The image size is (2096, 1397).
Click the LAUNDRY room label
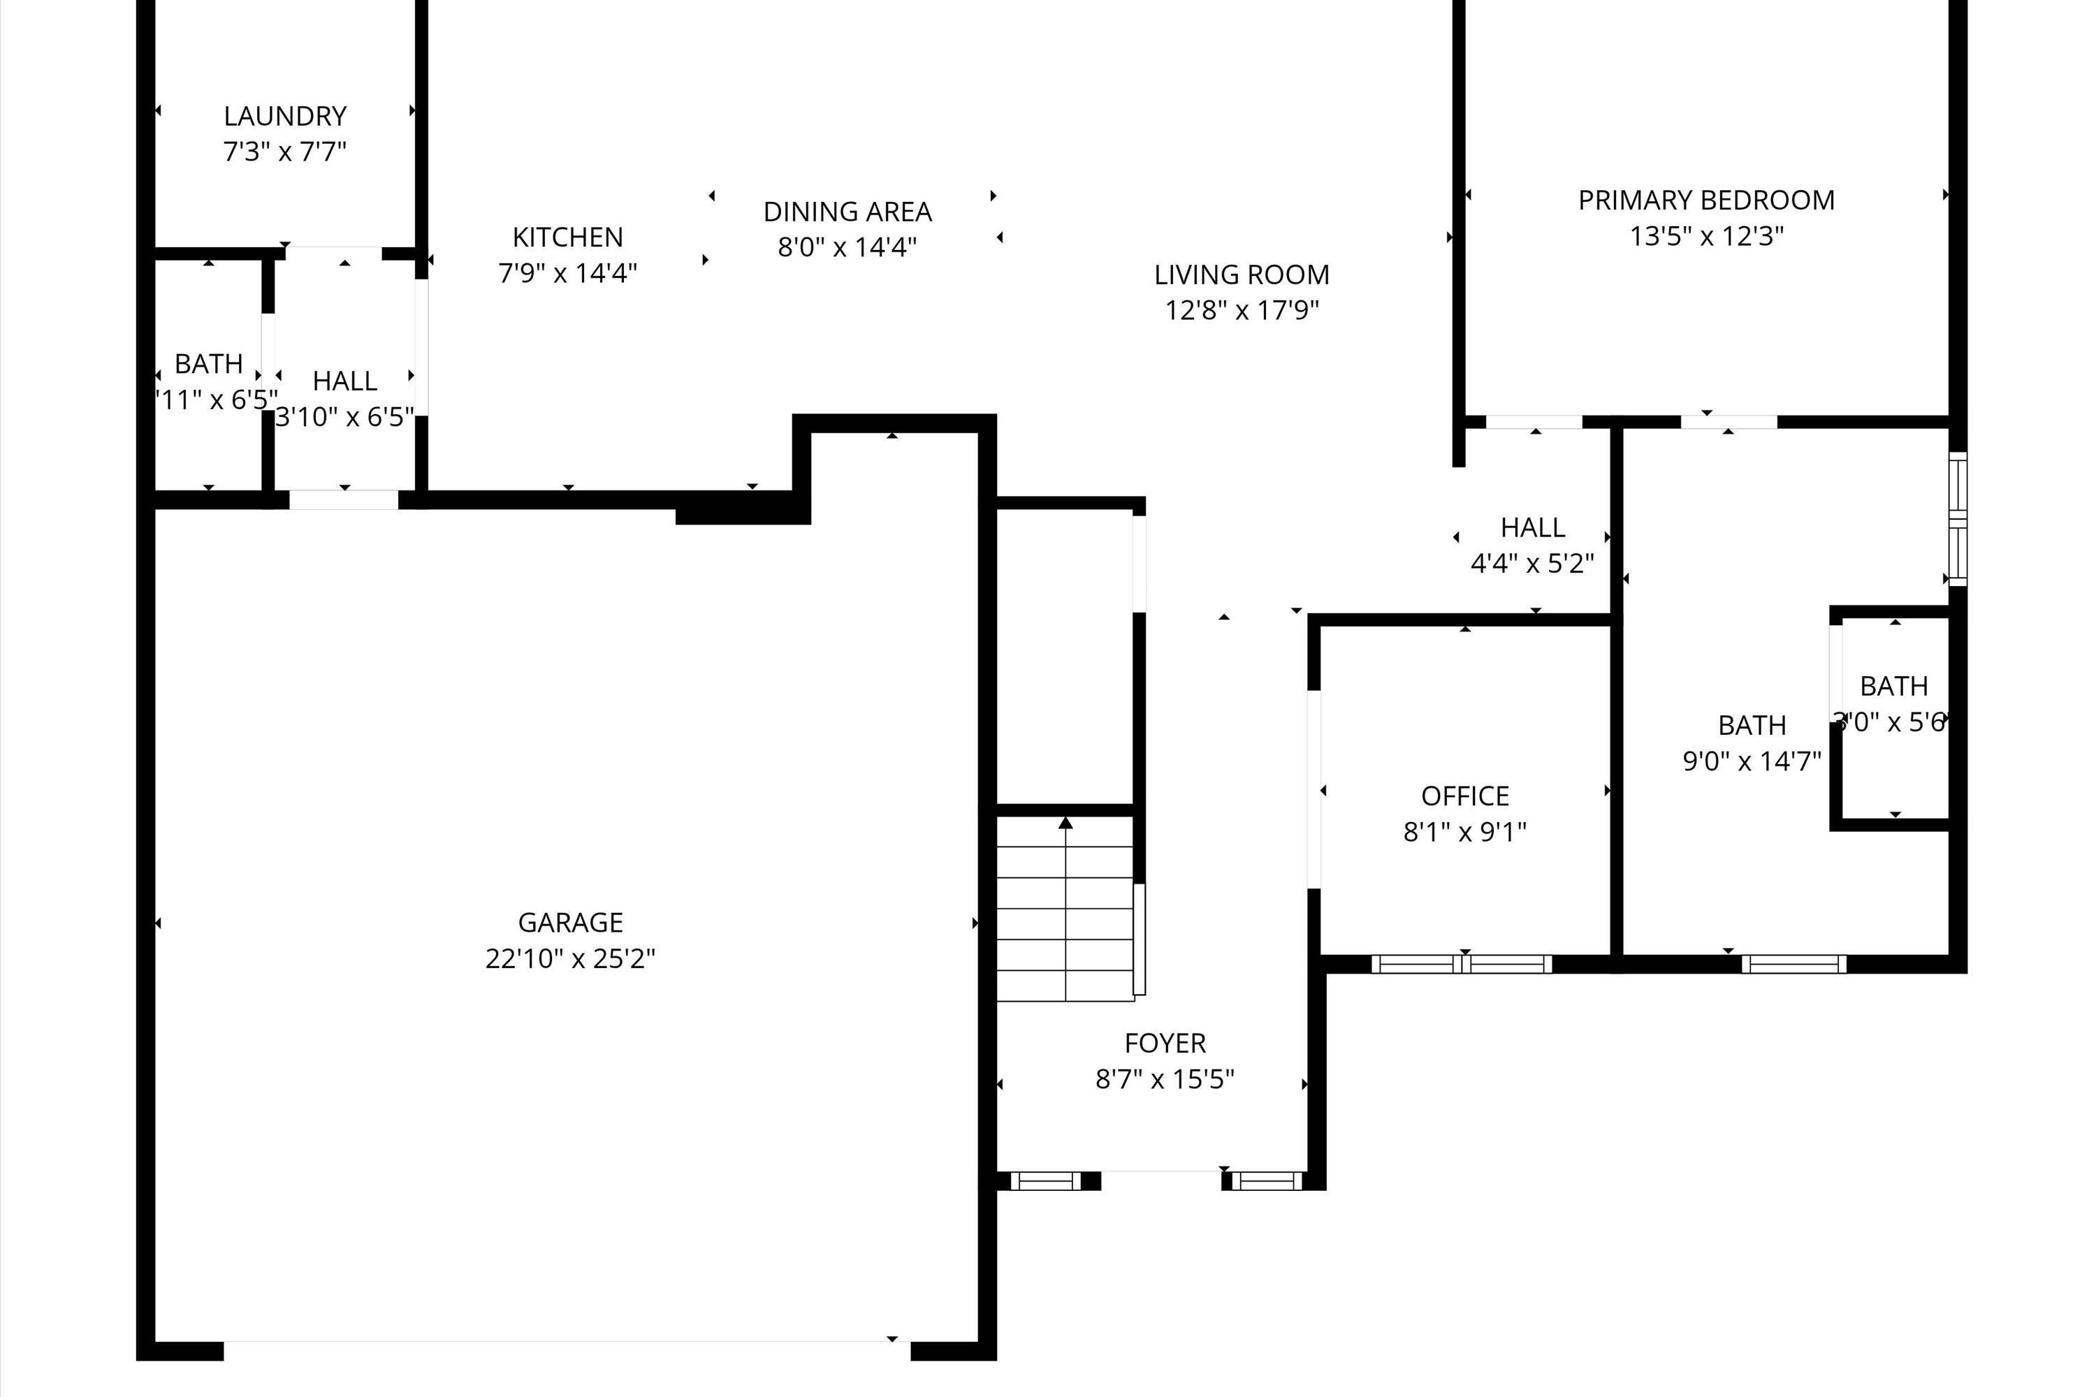click(x=284, y=116)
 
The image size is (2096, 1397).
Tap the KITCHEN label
click(x=567, y=237)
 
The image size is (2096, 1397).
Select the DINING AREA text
click(x=847, y=212)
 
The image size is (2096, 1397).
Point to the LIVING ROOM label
click(x=1242, y=275)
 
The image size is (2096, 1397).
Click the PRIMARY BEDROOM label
click(x=1705, y=200)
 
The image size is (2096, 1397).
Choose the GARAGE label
click(x=570, y=922)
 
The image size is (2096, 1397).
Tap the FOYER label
click(x=1165, y=1042)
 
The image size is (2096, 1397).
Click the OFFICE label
click(x=1465, y=796)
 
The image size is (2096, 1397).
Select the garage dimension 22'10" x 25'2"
click(x=570, y=958)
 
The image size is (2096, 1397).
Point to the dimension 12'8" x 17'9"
click(x=1242, y=310)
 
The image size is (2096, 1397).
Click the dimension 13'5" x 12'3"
click(x=1705, y=236)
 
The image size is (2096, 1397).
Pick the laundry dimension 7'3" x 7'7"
click(x=284, y=152)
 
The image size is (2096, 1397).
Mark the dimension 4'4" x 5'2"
click(x=1532, y=563)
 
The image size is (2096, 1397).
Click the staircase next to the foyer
click(x=1065, y=909)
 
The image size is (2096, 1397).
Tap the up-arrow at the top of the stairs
click(x=1065, y=822)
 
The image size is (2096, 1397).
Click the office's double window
click(x=1462, y=964)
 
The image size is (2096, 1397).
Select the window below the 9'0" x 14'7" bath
click(x=1793, y=964)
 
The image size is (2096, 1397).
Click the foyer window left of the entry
click(x=1045, y=1181)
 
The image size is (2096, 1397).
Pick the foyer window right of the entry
click(x=1266, y=1181)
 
